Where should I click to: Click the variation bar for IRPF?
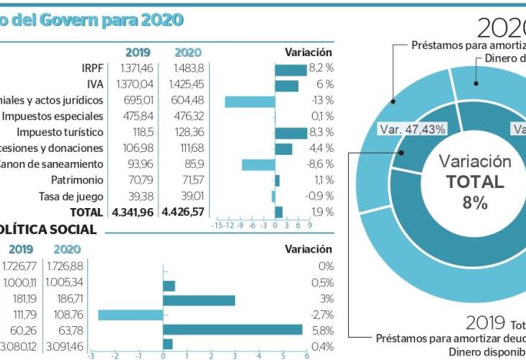291,70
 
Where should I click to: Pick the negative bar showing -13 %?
250,102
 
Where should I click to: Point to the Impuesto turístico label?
60,132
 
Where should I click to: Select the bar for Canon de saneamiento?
258,164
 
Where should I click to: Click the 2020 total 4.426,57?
184,212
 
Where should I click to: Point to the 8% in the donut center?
475,202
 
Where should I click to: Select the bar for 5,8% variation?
233,329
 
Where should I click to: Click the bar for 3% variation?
199,299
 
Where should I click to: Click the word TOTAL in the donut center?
475,181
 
